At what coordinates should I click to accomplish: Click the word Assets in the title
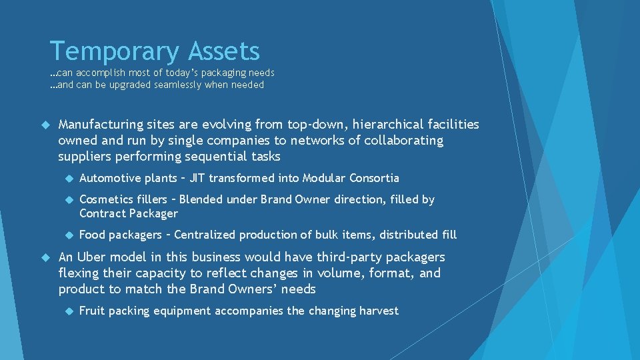pos(224,51)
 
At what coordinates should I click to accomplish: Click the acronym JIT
pos(198,178)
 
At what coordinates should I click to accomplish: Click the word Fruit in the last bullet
pos(92,311)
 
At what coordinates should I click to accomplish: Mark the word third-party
pos(334,257)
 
